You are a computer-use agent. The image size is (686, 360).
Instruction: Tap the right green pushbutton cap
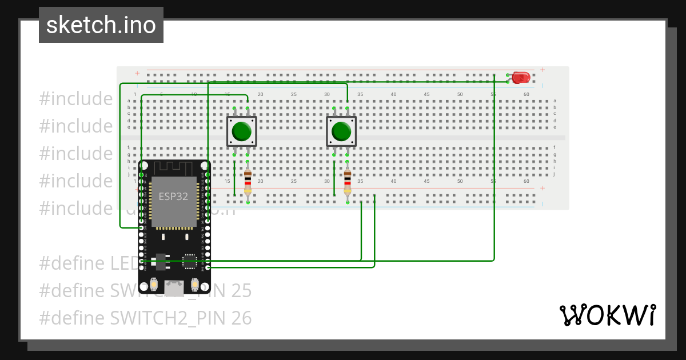pyautogui.click(x=341, y=131)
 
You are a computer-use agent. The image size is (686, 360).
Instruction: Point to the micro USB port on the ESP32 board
pyautogui.click(x=174, y=285)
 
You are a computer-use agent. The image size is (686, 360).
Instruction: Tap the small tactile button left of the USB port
pyautogui.click(x=153, y=283)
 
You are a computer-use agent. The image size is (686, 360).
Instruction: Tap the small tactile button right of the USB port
pyautogui.click(x=195, y=283)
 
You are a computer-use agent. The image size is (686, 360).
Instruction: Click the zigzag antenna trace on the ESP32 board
pyautogui.click(x=174, y=168)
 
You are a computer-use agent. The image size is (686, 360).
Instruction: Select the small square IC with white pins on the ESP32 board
pyautogui.click(x=189, y=262)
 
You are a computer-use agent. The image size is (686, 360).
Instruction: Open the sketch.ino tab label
pyautogui.click(x=101, y=25)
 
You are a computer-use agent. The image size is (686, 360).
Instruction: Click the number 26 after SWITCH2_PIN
pyautogui.click(x=241, y=318)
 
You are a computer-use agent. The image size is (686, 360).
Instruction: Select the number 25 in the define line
pyautogui.click(x=241, y=291)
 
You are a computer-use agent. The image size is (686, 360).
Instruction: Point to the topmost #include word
pyautogui.click(x=76, y=99)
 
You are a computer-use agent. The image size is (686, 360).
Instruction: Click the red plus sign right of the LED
pyautogui.click(x=542, y=70)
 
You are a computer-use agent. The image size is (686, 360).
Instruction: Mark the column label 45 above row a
pyautogui.click(x=426, y=94)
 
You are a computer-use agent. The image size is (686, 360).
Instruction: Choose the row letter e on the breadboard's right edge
pyautogui.click(x=555, y=127)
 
